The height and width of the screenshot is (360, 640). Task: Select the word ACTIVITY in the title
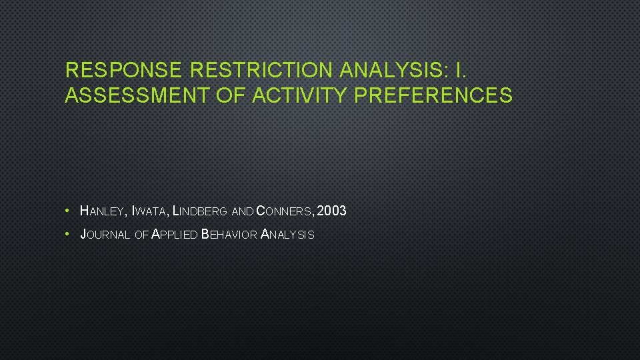pos(301,96)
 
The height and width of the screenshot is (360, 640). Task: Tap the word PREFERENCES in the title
pos(434,96)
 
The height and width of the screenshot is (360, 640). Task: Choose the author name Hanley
pos(103,212)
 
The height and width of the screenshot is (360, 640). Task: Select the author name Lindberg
pos(199,212)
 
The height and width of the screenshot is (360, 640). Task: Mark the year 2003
pos(332,211)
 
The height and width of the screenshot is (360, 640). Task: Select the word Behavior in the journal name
pos(229,235)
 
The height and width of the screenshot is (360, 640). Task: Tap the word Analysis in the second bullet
pos(287,235)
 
